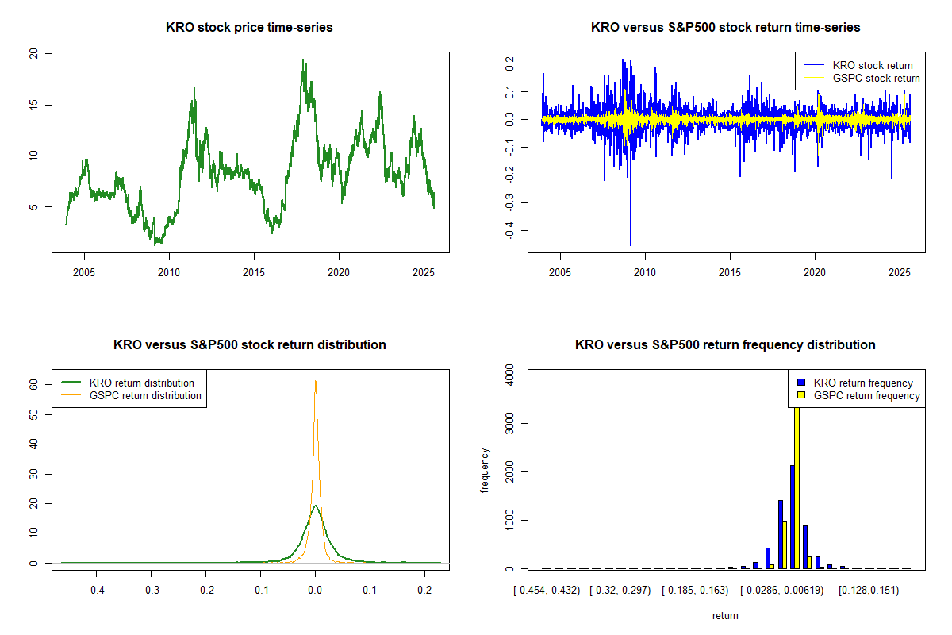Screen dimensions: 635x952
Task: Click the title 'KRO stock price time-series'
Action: pyautogui.click(x=249, y=27)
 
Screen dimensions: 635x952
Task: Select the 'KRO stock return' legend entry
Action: pyautogui.click(x=872, y=65)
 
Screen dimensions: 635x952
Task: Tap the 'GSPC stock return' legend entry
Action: pyautogui.click(x=876, y=78)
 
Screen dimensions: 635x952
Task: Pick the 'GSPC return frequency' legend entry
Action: pyautogui.click(x=867, y=395)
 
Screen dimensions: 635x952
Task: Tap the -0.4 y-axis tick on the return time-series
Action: pyautogui.click(x=509, y=230)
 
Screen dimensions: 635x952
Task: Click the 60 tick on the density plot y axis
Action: pyautogui.click(x=35, y=383)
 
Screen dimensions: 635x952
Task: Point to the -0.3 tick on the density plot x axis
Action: pyautogui.click(x=151, y=591)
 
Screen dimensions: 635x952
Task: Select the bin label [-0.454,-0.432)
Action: pyautogui.click(x=547, y=591)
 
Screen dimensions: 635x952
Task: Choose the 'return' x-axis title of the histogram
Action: pyautogui.click(x=725, y=615)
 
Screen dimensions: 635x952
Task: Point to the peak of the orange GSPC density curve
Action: pyautogui.click(x=316, y=381)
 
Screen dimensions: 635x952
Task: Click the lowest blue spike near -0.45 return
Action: pyautogui.click(x=631, y=244)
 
